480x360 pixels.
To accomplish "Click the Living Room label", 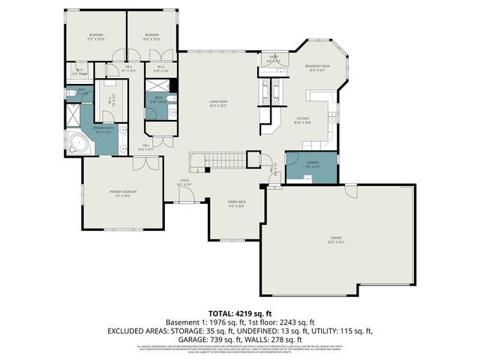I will (218, 102).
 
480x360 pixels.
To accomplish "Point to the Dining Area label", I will (237, 204).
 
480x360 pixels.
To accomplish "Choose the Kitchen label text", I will (303, 118).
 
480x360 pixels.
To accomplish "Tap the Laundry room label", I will (313, 164).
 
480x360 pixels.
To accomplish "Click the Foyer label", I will (184, 181).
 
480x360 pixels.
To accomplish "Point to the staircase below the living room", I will (218, 159).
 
